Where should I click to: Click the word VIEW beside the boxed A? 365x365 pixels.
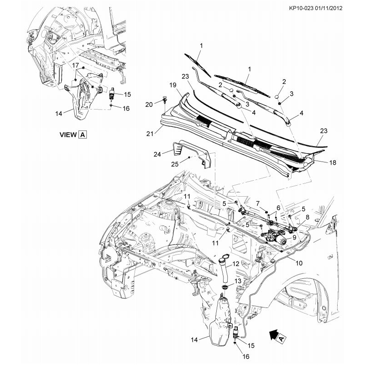pyautogui.click(x=68, y=135)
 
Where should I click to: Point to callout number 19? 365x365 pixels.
pyautogui.click(x=173, y=85)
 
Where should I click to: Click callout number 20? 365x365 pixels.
pyautogui.click(x=149, y=104)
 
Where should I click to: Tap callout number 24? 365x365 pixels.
pyautogui.click(x=157, y=155)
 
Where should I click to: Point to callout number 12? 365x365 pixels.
pyautogui.click(x=236, y=264)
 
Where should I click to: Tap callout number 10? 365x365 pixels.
pyautogui.click(x=299, y=263)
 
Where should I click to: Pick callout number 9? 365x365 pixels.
pyautogui.click(x=294, y=238)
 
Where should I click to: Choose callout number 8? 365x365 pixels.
pyautogui.click(x=307, y=218)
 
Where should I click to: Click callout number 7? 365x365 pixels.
pyautogui.click(x=258, y=203)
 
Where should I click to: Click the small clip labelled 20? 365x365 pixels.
pyautogui.click(x=163, y=98)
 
